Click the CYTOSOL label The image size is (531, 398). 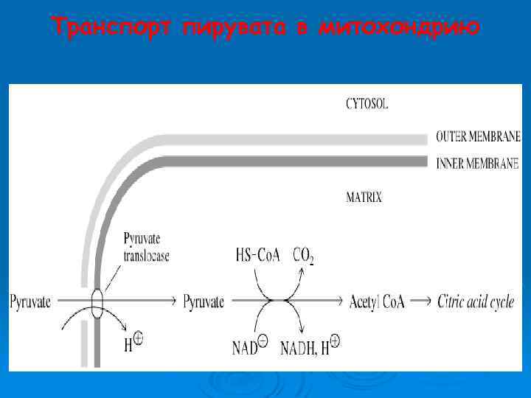(x=367, y=105)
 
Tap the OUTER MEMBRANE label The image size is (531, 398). (x=478, y=136)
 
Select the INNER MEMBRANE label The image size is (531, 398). (x=478, y=163)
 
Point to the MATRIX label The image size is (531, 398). (x=364, y=198)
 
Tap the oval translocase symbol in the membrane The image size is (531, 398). (x=97, y=302)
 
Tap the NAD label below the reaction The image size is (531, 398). (x=251, y=346)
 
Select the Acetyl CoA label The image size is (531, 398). (x=377, y=301)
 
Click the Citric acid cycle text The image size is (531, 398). (x=476, y=301)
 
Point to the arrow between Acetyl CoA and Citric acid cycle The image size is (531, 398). (x=420, y=301)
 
